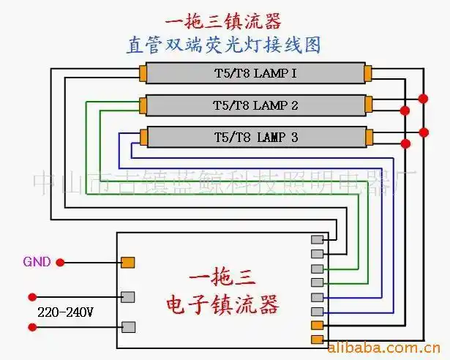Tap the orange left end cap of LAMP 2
click(x=142, y=105)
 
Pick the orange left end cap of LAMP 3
click(x=142, y=137)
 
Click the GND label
click(x=37, y=261)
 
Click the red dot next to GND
click(x=61, y=262)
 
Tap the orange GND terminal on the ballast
click(x=127, y=262)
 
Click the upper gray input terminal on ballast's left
click(x=127, y=296)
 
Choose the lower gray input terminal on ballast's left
click(x=127, y=327)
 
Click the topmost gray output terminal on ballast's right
click(x=317, y=239)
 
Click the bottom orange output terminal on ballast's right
click(x=317, y=339)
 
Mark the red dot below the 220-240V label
click(x=31, y=327)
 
